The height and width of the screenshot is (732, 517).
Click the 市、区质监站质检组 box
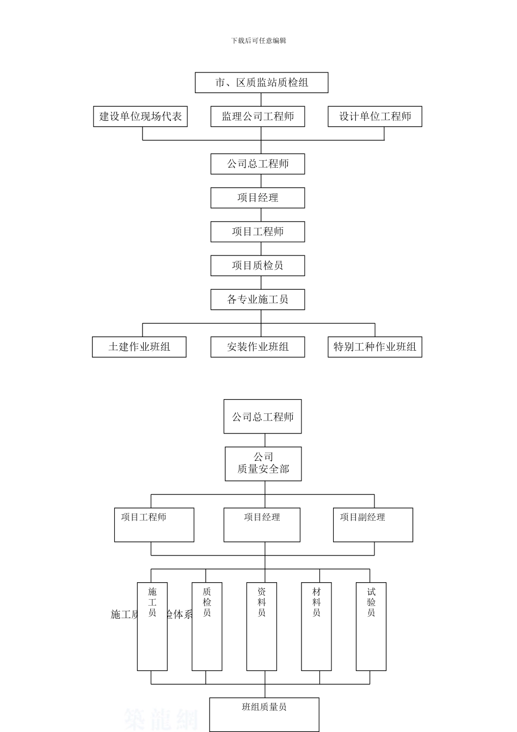[x=261, y=83]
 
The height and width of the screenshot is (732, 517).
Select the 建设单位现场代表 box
[x=140, y=117]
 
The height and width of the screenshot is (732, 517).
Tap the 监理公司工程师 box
[x=257, y=117]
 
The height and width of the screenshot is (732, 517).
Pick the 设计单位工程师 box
[x=374, y=117]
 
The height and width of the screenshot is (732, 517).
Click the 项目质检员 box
[x=257, y=266]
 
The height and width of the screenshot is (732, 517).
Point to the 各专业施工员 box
[x=257, y=300]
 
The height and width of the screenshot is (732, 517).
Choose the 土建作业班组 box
[x=139, y=347]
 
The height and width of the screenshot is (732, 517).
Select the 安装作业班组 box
[x=257, y=347]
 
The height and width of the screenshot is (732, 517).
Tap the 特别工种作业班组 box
[x=374, y=347]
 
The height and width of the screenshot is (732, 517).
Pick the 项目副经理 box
[x=373, y=524]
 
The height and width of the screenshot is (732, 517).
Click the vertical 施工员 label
[x=152, y=602]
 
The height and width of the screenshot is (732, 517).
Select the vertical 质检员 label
[x=207, y=602]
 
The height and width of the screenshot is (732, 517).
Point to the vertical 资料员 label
[x=262, y=602]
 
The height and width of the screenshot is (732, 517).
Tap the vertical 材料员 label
[x=317, y=602]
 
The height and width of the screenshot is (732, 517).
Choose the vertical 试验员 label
[x=371, y=602]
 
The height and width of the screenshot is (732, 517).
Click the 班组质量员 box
[x=264, y=714]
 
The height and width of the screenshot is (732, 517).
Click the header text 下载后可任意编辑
[x=258, y=40]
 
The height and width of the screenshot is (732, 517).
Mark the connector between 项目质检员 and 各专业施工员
[x=261, y=283]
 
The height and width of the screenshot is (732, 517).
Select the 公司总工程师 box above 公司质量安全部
[x=262, y=417]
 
